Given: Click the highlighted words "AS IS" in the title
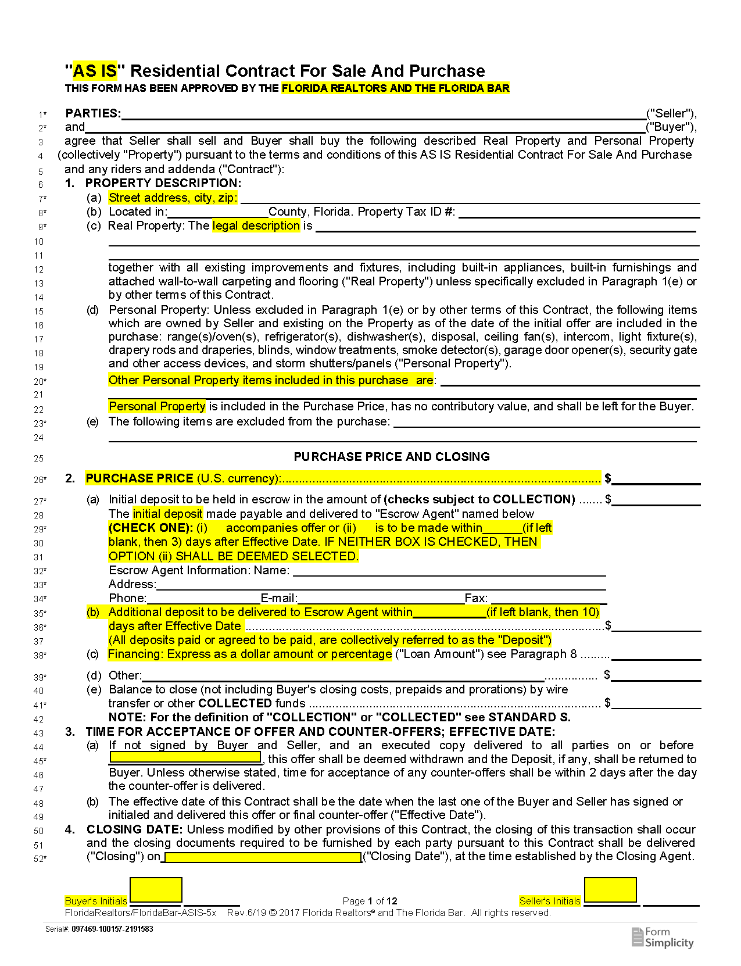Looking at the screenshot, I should coord(95,71).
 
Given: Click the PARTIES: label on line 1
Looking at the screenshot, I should coord(93,113).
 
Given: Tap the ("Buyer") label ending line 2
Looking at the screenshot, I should coord(671,127).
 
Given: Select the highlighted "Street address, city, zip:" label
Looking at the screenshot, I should coord(173,198).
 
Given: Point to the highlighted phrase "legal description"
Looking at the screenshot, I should coord(256,226).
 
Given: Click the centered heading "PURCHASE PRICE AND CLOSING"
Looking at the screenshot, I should coord(392,457).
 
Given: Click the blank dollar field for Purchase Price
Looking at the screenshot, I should coord(656,479).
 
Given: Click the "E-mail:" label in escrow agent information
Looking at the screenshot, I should coord(279,599).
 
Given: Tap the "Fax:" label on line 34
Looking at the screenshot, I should coord(476,599).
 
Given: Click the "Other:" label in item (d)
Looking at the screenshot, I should coord(125,675).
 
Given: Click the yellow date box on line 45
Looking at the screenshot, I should coord(185,758).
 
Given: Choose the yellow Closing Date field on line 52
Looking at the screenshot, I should coord(263,857).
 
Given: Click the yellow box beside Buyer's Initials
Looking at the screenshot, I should coord(156,890).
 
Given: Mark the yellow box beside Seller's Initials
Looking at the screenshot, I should coord(610,890).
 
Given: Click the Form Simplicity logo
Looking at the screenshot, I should coord(663,938).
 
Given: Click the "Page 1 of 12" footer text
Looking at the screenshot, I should coord(370,901).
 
